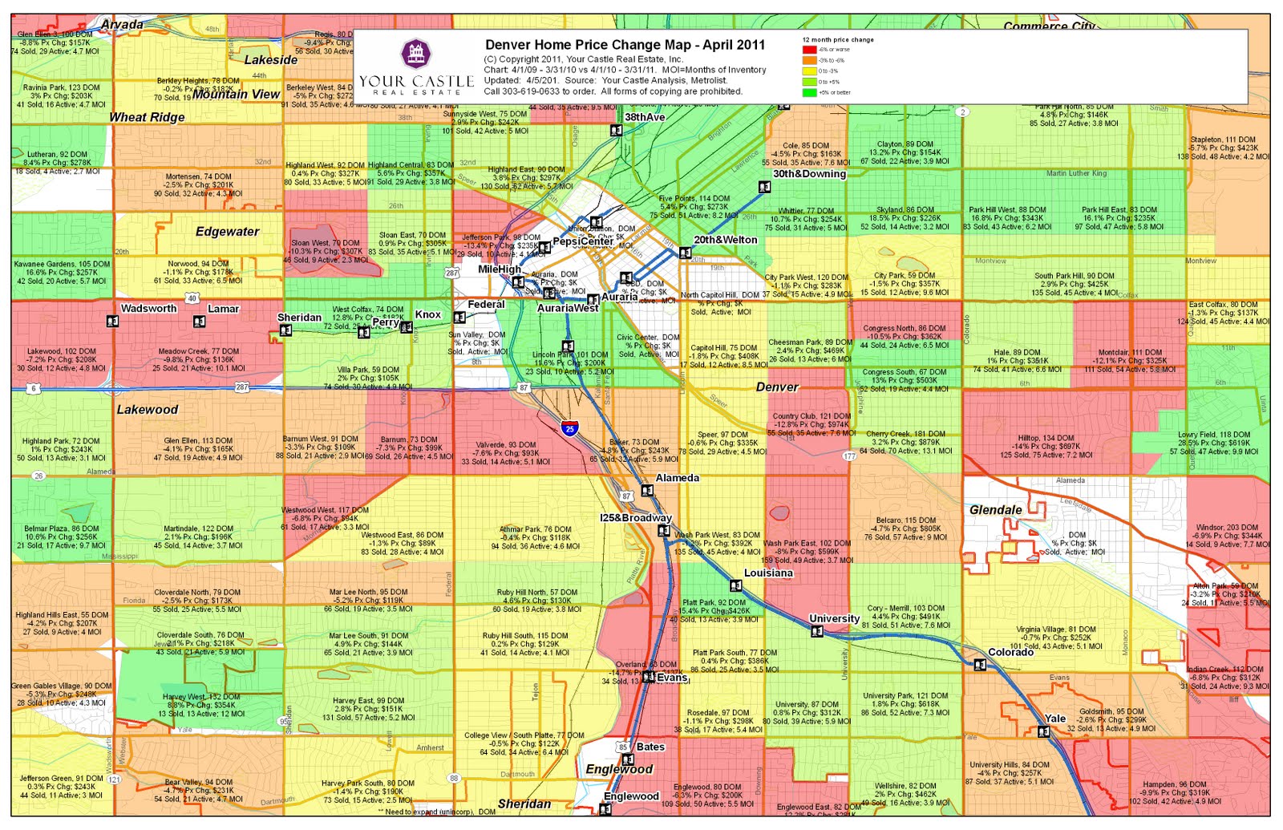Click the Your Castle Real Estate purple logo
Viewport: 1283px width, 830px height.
415,55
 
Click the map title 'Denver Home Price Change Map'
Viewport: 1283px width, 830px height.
625,45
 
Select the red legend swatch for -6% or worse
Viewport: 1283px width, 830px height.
809,50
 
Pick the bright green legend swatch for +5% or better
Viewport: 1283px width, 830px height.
809,92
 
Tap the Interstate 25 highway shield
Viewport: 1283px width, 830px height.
569,428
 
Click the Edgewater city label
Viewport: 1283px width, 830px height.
227,232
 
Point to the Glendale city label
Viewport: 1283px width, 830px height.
995,510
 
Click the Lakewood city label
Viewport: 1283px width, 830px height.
148,410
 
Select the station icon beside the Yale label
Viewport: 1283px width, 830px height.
1043,731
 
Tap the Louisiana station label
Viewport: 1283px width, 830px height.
768,573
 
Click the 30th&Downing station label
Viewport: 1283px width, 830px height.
809,174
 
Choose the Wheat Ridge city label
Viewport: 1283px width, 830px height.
147,117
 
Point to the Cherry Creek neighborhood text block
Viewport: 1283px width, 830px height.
905,442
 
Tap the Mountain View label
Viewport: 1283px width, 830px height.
236,94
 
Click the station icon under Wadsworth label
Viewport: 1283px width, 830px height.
112,322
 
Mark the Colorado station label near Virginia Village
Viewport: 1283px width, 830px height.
1010,652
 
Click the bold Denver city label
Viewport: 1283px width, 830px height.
777,387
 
